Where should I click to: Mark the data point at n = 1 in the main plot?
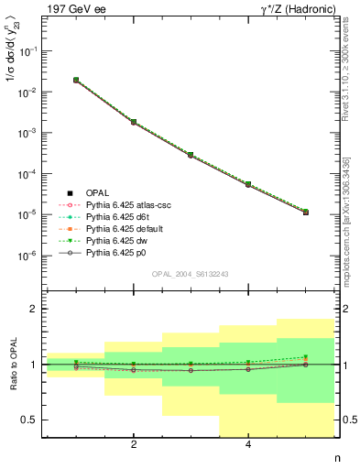[76, 81]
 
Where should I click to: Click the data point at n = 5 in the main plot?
[306, 212]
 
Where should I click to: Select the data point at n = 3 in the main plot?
[191, 155]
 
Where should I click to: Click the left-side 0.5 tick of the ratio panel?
[31, 420]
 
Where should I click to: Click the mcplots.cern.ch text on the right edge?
[352, 202]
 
